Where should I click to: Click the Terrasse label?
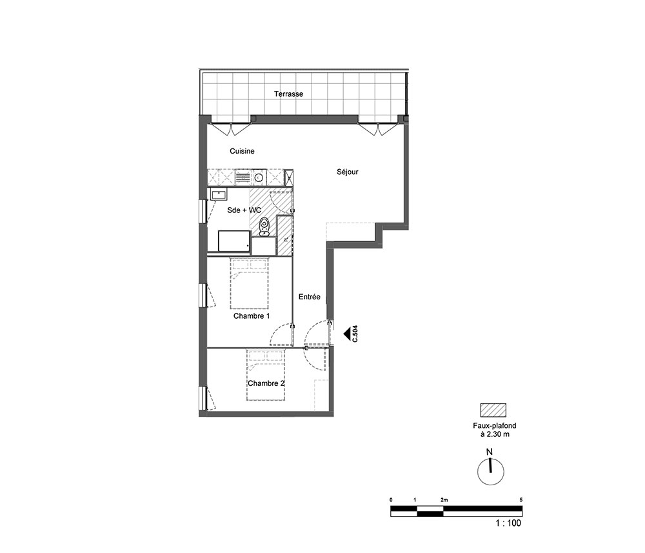point(288,94)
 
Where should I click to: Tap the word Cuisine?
point(242,151)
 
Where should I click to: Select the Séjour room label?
point(348,172)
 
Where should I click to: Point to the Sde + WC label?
point(244,210)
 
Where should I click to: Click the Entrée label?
point(310,297)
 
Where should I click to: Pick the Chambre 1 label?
point(252,316)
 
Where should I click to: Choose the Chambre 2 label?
point(266,383)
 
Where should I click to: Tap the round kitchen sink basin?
point(259,177)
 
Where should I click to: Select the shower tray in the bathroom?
point(234,241)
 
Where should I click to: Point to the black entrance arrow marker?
point(346,333)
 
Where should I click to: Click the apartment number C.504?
point(355,334)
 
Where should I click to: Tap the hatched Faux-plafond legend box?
point(493,410)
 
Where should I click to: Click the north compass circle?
point(491,472)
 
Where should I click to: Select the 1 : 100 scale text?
point(508,523)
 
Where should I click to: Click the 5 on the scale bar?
point(521,500)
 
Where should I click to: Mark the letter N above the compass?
point(490,452)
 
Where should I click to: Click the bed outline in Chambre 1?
point(249,283)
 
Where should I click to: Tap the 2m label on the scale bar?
point(444,500)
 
